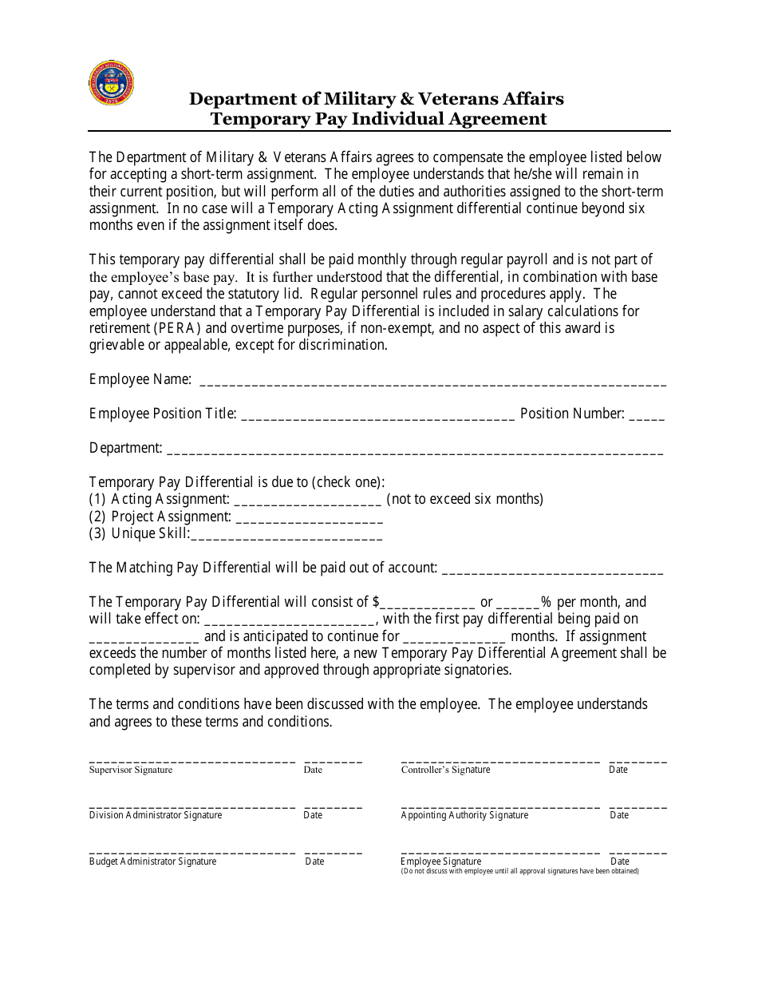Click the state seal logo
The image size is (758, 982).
[111, 83]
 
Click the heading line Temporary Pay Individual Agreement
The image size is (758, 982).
[378, 119]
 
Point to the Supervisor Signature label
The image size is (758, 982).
[131, 770]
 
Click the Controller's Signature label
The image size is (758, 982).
[445, 770]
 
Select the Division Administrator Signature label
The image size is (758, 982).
[156, 816]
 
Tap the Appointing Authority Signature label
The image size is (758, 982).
[464, 816]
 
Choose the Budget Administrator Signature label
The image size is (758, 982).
[152, 862]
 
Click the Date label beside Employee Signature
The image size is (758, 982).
[620, 862]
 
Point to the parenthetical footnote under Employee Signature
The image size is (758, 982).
[519, 871]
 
